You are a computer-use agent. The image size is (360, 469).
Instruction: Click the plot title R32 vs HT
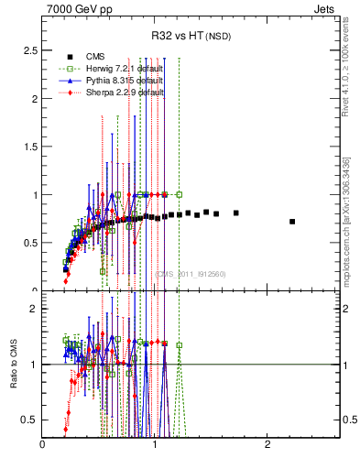point(191,36)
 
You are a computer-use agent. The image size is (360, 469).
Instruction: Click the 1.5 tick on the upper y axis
point(32,147)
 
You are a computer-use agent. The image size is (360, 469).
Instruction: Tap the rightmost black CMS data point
point(292,222)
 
